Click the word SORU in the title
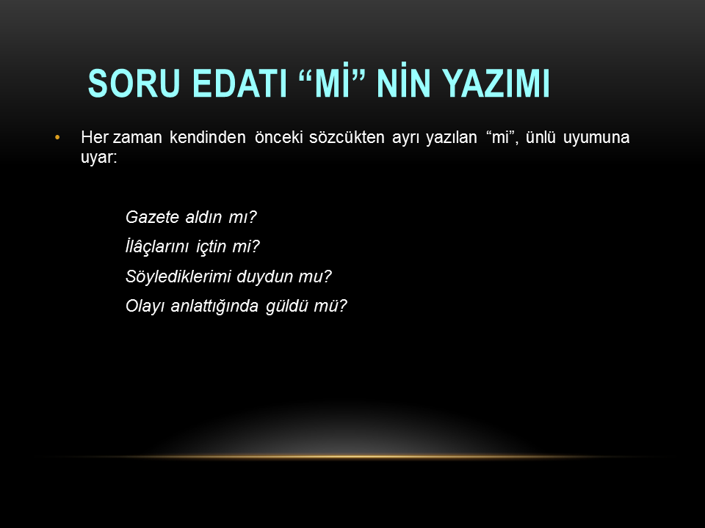(134, 83)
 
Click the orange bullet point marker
(57, 137)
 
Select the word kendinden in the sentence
(207, 137)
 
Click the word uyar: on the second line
(99, 158)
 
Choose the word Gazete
(153, 217)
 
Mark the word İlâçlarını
(157, 246)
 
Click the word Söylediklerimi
(178, 276)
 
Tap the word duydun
(265, 276)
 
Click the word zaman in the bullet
(137, 137)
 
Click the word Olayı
(145, 307)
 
